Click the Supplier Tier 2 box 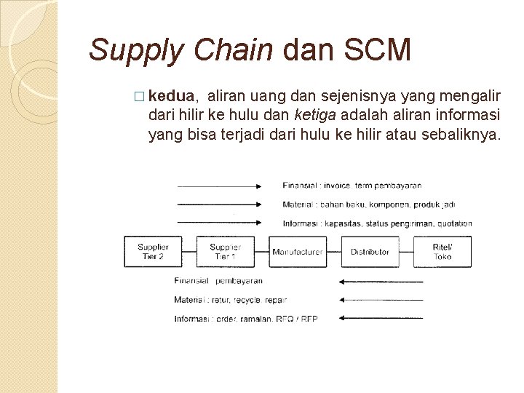(153, 251)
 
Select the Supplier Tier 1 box (224, 251)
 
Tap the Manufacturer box (297, 252)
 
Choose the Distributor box (370, 252)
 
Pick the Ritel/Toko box (442, 251)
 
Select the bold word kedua (171, 95)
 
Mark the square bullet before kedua (140, 96)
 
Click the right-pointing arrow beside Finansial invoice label (220, 186)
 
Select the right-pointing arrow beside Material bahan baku (220, 205)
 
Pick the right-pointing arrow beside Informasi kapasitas (220, 223)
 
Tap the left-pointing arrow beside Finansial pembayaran (381, 281)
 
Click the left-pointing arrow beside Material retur (381, 300)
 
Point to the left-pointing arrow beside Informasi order (381, 318)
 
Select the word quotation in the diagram (455, 223)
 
